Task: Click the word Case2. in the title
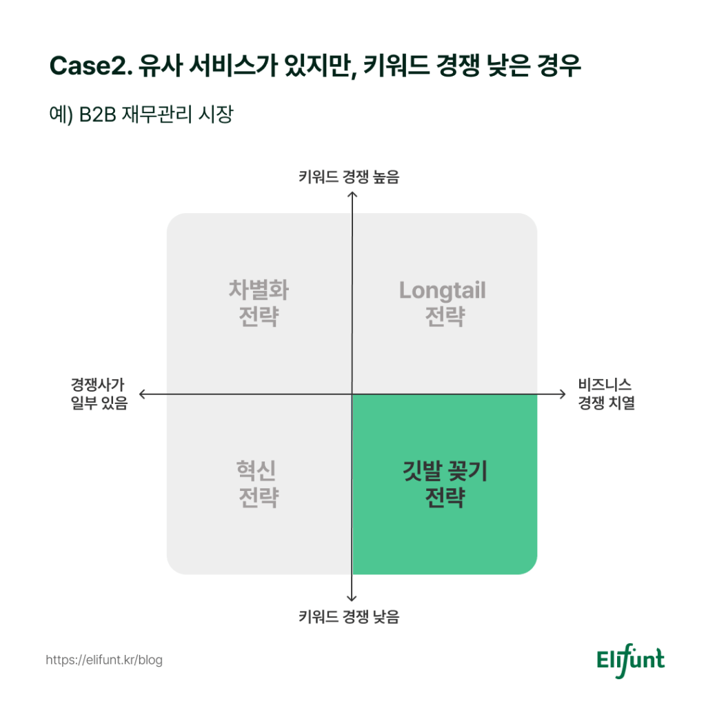click(x=91, y=65)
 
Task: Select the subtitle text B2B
click(x=98, y=115)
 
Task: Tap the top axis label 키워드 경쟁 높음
click(x=349, y=176)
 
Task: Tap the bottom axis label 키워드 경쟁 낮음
click(x=349, y=616)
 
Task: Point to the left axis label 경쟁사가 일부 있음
click(x=99, y=394)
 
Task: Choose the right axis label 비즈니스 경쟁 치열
click(x=607, y=394)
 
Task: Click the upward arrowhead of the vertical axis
click(x=352, y=194)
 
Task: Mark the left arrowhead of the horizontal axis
click(x=141, y=394)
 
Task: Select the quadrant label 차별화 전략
click(x=259, y=303)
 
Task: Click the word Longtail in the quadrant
click(x=443, y=290)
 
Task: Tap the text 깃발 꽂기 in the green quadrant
click(x=445, y=471)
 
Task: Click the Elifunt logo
click(x=630, y=660)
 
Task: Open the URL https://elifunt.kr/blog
click(x=104, y=660)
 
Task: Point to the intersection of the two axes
click(x=352, y=394)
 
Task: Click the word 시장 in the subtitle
click(x=216, y=114)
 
